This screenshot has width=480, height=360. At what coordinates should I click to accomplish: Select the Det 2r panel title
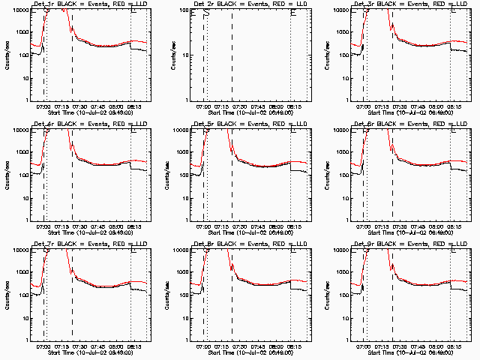(x=243, y=4)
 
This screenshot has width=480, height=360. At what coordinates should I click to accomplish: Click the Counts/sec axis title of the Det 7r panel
(x=6, y=293)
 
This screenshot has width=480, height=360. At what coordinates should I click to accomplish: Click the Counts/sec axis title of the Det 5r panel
(x=166, y=173)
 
